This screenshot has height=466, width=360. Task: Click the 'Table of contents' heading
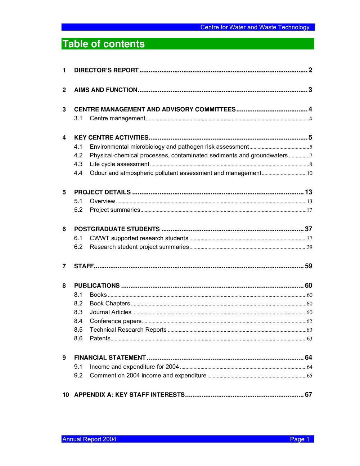pyautogui.click(x=103, y=44)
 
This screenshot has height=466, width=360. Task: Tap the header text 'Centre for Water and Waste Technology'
pyautogui.click(x=255, y=27)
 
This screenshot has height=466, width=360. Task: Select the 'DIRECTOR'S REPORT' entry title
pyautogui.click(x=106, y=70)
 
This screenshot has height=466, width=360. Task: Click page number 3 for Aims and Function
pyautogui.click(x=310, y=90)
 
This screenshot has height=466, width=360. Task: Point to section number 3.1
pyautogui.click(x=78, y=118)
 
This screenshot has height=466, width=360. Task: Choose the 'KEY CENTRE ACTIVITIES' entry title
pyautogui.click(x=111, y=138)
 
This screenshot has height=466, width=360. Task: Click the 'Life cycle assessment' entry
pyautogui.click(x=119, y=164)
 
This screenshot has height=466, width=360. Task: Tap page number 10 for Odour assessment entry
pyautogui.click(x=309, y=173)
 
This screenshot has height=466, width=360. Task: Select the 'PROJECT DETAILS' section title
pyautogui.click(x=102, y=192)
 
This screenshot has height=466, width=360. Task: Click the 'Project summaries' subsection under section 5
pyautogui.click(x=115, y=210)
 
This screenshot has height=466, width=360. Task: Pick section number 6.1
pyautogui.click(x=78, y=238)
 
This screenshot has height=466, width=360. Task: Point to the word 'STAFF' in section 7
pyautogui.click(x=84, y=266)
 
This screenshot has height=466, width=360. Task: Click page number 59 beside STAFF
pyautogui.click(x=308, y=266)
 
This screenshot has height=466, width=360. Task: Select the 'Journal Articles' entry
pyautogui.click(x=111, y=312)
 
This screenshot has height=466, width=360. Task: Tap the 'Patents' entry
pyautogui.click(x=100, y=339)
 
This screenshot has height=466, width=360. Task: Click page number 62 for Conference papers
pyautogui.click(x=309, y=321)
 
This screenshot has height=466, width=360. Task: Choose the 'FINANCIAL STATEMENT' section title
pyautogui.click(x=110, y=358)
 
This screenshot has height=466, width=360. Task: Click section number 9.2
pyautogui.click(x=78, y=376)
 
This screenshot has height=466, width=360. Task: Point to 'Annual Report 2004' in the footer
pyautogui.click(x=89, y=439)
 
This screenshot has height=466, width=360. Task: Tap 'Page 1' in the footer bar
pyautogui.click(x=300, y=439)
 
